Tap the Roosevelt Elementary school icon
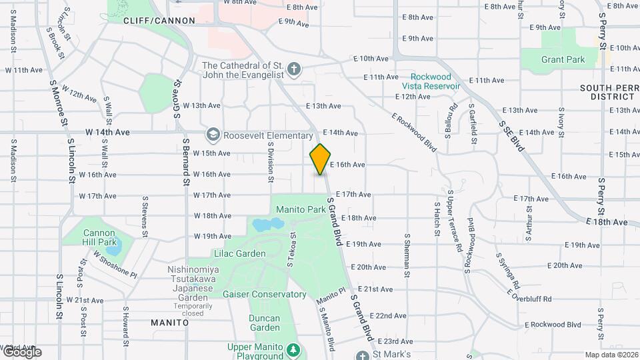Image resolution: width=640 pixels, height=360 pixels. coord(213,135)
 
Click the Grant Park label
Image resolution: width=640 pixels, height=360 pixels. coord(563,59)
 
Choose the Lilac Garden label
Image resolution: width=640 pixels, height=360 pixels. coord(240,253)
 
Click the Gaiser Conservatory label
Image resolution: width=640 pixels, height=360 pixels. coord(264,294)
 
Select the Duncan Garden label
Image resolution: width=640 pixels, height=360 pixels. coord(265,323)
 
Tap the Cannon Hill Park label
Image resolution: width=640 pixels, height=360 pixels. coord(99,237)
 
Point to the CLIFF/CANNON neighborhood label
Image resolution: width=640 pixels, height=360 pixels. coord(159,21)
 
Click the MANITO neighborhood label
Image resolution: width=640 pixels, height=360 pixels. coord(169,323)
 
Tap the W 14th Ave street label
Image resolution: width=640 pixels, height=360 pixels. coord(107,132)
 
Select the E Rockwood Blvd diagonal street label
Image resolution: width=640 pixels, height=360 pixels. coord(413,132)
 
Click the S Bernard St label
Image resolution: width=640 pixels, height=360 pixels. coord(187,164)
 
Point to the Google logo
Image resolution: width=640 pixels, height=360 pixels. coord(22,351)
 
